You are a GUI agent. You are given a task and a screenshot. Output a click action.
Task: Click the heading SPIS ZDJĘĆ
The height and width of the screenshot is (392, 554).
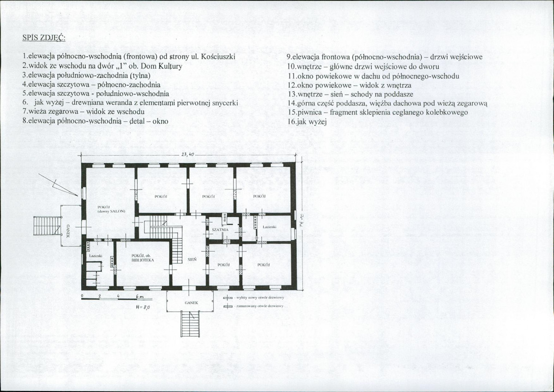[44, 38]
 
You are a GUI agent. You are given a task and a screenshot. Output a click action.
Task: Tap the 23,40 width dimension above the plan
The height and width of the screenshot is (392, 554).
[187, 154]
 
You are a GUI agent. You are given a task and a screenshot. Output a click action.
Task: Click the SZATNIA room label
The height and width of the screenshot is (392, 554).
[221, 229]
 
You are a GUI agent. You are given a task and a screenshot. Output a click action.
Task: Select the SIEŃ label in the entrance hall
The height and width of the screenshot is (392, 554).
[192, 259]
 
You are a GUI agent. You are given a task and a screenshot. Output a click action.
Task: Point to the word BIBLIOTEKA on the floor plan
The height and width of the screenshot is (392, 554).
[142, 260]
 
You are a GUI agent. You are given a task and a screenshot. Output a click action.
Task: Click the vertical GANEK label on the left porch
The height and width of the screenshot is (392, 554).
[68, 231]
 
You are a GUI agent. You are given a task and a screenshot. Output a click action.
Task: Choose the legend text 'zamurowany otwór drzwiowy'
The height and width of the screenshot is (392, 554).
[259, 306]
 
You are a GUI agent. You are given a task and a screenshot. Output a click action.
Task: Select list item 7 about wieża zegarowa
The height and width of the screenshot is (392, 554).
[83, 112]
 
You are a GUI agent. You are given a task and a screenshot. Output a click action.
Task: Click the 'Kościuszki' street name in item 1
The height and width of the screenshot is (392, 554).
[219, 57]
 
